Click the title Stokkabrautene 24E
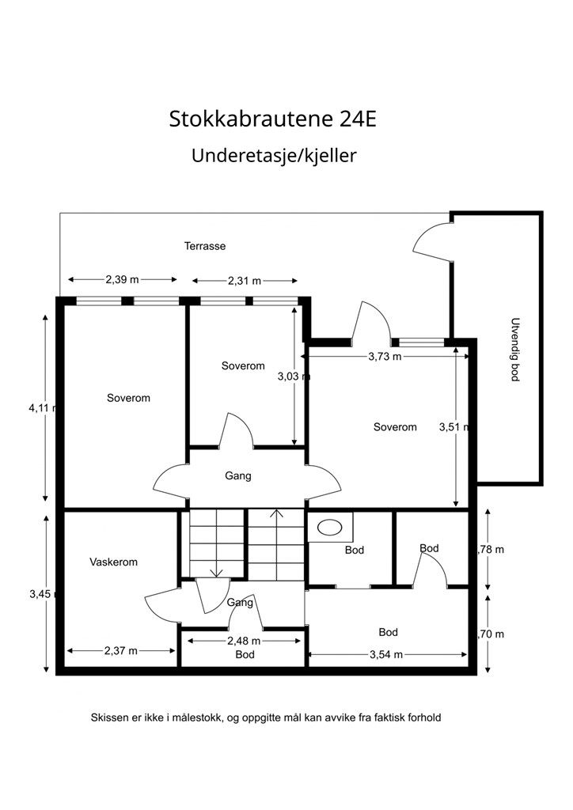pyautogui.click(x=273, y=119)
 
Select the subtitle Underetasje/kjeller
pyautogui.click(x=274, y=156)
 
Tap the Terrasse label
pyautogui.click(x=205, y=246)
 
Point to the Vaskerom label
pyautogui.click(x=113, y=562)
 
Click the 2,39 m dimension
pyautogui.click(x=122, y=279)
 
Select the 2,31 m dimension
pyautogui.click(x=245, y=281)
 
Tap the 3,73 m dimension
pyautogui.click(x=385, y=357)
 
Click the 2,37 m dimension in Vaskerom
pyautogui.click(x=120, y=651)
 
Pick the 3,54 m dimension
pyautogui.click(x=386, y=654)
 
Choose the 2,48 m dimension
pyautogui.click(x=244, y=641)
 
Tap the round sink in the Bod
pyautogui.click(x=328, y=527)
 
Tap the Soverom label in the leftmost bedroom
pyautogui.click(x=128, y=398)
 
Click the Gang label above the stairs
pyautogui.click(x=238, y=476)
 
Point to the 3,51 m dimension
pyautogui.click(x=454, y=428)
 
